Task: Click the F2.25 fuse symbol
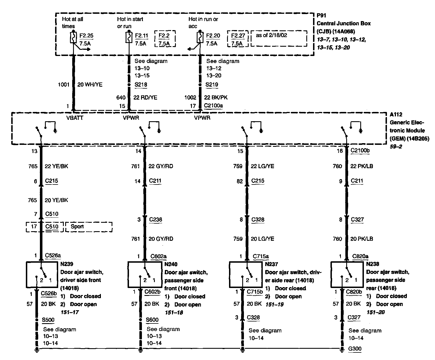pos(73,38)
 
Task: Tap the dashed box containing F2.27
pos(238,39)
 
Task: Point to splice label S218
pos(141,85)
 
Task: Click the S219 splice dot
pos(200,85)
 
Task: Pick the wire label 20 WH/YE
pos(90,84)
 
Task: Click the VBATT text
pos(75,118)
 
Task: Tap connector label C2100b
pos(360,150)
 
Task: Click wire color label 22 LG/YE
pos(262,166)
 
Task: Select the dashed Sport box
pos(89,227)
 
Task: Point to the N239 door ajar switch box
pos(42,274)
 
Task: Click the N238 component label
pos(373,264)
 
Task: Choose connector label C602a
pos(158,256)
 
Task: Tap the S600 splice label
pos(152,320)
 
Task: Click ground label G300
pos(355,349)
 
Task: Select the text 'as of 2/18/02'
pos(271,35)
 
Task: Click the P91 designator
pos(322,16)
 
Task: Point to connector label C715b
pos(255,292)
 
